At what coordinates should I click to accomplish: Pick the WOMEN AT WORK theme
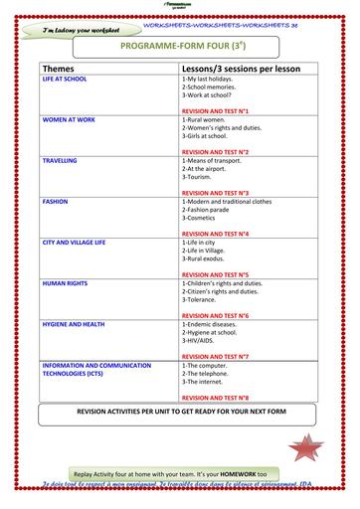pyautogui.click(x=69, y=118)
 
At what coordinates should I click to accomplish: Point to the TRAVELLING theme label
pyautogui.click(x=60, y=159)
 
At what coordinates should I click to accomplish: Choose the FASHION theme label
pyautogui.click(x=55, y=201)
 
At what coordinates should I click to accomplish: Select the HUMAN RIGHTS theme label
pyautogui.click(x=65, y=283)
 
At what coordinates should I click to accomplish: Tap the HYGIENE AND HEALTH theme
pyautogui.click(x=73, y=324)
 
